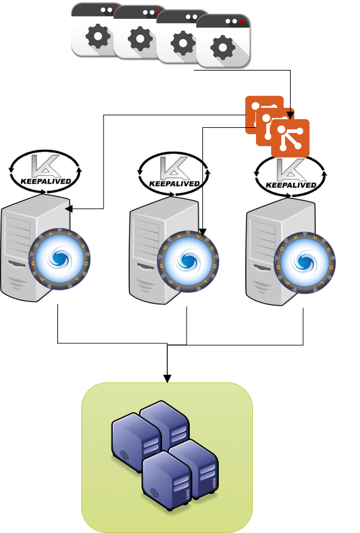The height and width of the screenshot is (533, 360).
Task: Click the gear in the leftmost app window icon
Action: tap(98, 37)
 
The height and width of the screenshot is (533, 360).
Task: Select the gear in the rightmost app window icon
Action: tap(223, 47)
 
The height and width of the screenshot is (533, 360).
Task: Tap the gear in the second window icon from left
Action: tap(140, 39)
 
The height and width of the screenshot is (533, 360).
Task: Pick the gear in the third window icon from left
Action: tap(183, 43)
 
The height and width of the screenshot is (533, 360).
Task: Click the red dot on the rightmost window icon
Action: tap(241, 21)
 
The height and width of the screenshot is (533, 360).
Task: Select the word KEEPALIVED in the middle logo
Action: tap(174, 184)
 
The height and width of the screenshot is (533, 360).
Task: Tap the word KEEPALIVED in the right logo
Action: tap(291, 185)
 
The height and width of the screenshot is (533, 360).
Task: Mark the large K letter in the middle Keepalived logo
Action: tap(173, 167)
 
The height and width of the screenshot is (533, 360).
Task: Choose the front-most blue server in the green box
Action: tap(166, 479)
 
